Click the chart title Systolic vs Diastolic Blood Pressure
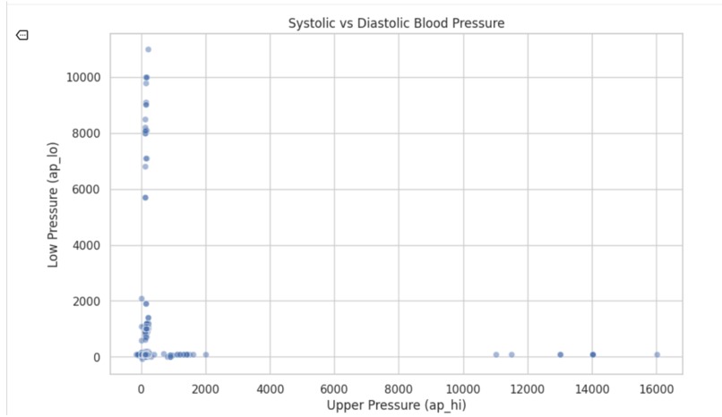tap(396, 22)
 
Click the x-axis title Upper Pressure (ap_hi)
tap(397, 404)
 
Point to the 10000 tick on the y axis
tap(83, 78)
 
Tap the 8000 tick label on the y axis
tap(87, 133)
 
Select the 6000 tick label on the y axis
tap(87, 190)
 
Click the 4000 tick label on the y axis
tap(87, 245)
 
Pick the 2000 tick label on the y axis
tap(87, 302)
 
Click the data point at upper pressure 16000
tap(657, 354)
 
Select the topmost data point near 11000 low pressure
tap(148, 49)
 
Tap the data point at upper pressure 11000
tap(495, 354)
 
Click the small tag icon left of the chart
tap(22, 35)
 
